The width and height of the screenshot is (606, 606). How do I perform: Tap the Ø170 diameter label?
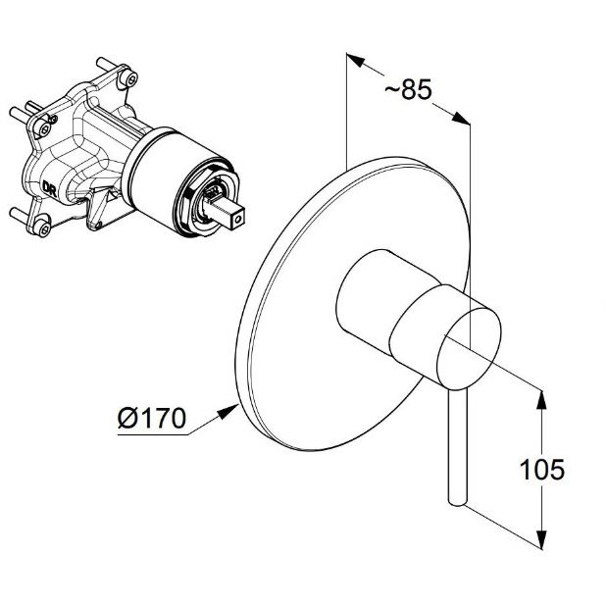click(151, 418)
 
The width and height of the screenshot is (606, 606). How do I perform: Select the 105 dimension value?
click(542, 470)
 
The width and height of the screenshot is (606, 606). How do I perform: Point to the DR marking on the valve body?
click(49, 188)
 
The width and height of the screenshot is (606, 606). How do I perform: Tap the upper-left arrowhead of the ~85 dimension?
click(355, 60)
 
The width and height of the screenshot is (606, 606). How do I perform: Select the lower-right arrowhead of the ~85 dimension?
click(461, 118)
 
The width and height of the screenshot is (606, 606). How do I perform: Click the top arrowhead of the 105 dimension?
click(542, 400)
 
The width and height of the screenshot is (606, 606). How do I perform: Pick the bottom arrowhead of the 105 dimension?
click(542, 539)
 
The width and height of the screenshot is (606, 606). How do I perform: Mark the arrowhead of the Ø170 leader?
click(228, 411)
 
